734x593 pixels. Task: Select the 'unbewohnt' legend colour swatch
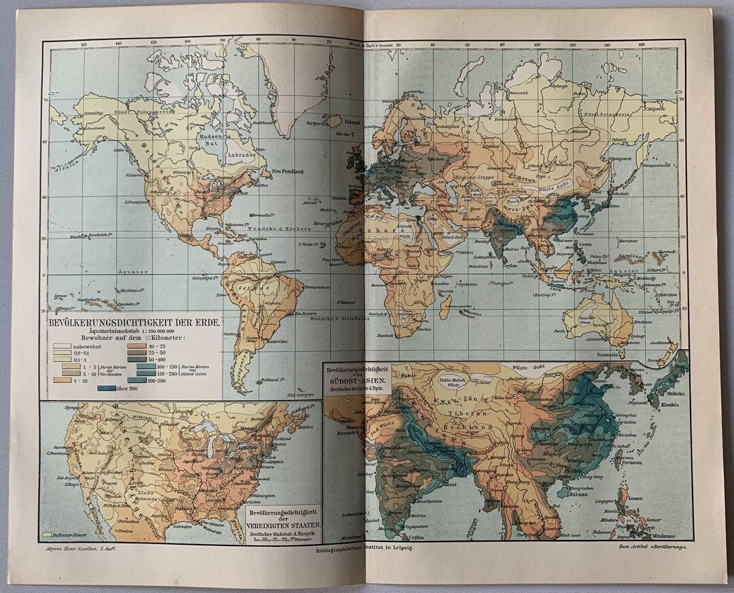click(x=63, y=346)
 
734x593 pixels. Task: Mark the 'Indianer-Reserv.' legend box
click(x=48, y=535)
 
